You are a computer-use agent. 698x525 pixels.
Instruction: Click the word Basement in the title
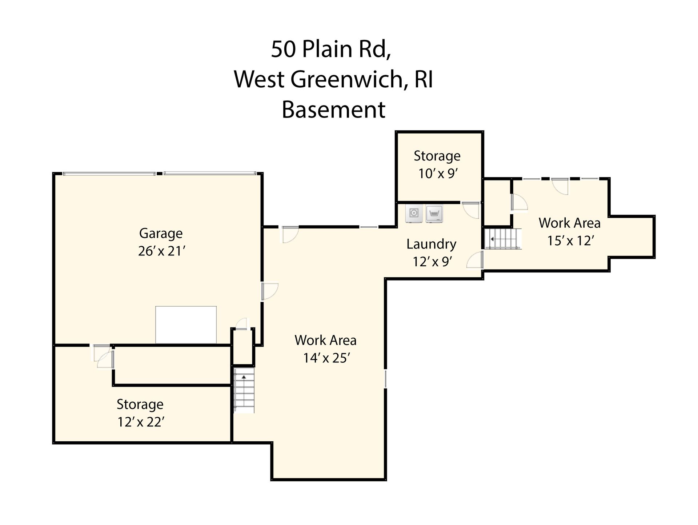[333, 110]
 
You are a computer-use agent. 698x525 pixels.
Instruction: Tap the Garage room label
[161, 233]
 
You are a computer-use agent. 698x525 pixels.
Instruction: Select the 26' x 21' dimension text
[162, 251]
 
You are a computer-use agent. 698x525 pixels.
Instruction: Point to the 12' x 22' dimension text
[141, 422]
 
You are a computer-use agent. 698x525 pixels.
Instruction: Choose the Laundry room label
[431, 244]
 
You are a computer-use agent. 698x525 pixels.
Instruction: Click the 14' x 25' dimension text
[326, 358]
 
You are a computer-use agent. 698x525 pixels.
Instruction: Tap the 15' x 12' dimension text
[570, 240]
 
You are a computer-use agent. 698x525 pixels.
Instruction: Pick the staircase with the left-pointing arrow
[502, 239]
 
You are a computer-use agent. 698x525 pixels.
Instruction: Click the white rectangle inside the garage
[186, 325]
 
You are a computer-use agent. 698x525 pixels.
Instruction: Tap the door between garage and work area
[269, 291]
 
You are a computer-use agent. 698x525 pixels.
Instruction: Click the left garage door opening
[109, 174]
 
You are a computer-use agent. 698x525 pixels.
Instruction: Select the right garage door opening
[209, 174]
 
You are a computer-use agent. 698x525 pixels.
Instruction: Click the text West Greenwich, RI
[333, 79]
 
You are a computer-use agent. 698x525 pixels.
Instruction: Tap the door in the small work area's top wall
[560, 186]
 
